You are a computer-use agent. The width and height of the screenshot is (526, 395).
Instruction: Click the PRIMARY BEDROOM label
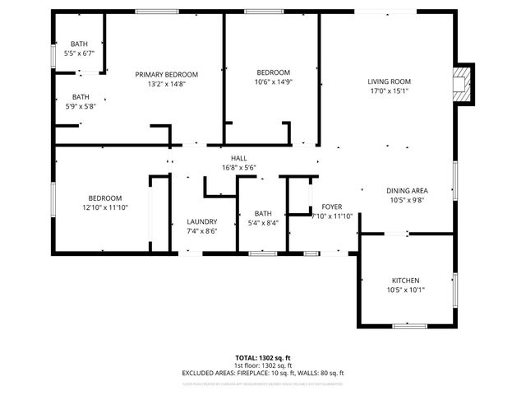coord(167,74)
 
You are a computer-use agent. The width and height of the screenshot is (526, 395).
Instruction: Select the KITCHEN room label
coord(406,280)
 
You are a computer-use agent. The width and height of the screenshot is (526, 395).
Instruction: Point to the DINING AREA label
coord(407,191)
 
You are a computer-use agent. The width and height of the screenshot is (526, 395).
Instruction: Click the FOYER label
coord(332,207)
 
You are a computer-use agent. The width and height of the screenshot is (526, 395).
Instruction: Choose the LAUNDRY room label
coord(201,221)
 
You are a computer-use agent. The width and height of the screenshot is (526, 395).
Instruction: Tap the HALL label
coord(238,158)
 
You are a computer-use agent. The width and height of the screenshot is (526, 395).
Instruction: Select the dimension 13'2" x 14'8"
coord(167,84)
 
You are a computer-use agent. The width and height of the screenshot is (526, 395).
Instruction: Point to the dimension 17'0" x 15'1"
coord(389,91)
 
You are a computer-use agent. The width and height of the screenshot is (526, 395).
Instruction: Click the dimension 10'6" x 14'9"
coord(272,81)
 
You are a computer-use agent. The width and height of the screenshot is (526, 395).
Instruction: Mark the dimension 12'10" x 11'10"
coord(105,208)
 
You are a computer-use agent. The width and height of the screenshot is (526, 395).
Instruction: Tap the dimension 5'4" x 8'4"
coord(263,223)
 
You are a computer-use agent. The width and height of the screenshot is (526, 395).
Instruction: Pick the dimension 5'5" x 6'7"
coord(79,53)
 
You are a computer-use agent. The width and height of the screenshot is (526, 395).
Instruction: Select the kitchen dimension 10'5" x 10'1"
coord(406,290)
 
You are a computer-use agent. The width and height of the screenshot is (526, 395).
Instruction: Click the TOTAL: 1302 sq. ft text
coord(262,358)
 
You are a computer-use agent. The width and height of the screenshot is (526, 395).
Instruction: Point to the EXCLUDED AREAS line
coord(262,373)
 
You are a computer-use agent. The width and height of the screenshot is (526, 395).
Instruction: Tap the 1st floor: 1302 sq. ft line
coord(262,365)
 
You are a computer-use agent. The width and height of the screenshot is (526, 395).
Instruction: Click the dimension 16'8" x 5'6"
coord(238,168)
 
